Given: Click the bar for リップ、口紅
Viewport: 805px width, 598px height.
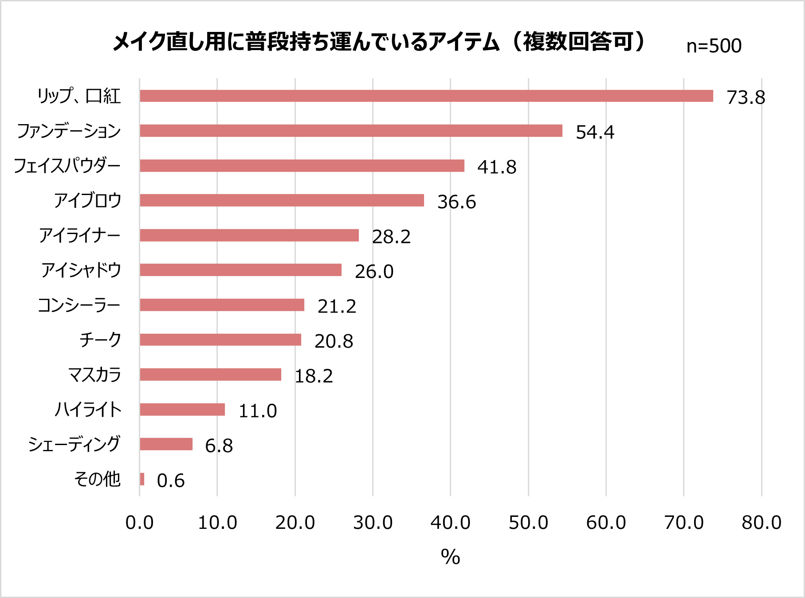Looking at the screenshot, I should click(426, 96).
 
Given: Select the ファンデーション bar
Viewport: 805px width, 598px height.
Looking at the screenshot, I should click(350, 131).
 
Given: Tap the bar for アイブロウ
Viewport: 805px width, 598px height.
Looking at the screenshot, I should click(282, 200).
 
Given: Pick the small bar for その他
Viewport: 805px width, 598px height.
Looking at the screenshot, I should click(142, 479).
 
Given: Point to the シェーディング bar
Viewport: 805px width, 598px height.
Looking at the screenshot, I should click(166, 444).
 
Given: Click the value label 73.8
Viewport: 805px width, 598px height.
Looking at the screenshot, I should click(746, 98).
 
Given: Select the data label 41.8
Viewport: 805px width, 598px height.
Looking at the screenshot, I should click(497, 167).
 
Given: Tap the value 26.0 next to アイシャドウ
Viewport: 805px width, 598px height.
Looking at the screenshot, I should click(374, 272).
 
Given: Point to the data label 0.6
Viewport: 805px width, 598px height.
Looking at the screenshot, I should click(171, 481).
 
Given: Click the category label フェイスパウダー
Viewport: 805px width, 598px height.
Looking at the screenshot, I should click(67, 166).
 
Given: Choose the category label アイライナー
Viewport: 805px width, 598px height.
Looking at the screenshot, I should click(80, 235).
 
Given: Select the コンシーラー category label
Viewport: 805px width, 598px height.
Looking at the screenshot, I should click(79, 305).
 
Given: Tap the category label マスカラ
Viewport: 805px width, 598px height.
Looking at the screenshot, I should click(94, 375).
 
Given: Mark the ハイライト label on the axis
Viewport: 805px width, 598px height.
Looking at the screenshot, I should click(88, 409).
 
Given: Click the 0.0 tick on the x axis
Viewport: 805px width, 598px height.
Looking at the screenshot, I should click(139, 523).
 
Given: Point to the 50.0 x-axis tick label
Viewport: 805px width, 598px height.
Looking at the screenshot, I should click(528, 523).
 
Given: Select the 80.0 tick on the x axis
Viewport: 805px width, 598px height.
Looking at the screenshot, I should click(762, 523).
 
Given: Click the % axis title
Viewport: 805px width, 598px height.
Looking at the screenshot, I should click(450, 557).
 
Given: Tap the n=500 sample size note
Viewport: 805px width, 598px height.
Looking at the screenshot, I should click(714, 46).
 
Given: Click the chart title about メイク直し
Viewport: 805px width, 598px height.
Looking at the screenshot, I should click(379, 42).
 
